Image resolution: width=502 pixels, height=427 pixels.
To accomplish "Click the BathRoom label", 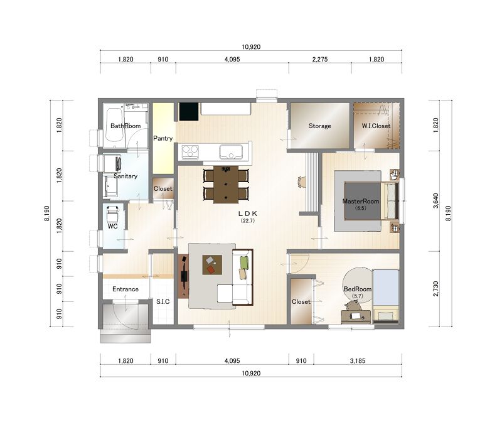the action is coord(125,126).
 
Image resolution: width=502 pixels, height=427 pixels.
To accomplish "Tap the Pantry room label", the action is coord(163,138).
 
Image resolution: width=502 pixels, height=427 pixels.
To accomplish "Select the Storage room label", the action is coord(319,126).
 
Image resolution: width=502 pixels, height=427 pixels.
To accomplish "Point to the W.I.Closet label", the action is coord(376,126).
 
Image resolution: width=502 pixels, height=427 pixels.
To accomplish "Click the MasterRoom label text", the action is coord(360,201).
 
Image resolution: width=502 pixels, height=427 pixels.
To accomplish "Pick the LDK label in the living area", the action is coord(248,213).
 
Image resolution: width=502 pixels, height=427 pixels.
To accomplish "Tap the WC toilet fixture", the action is coord(112,214).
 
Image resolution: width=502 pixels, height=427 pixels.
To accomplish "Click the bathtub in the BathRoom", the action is coord(114,125).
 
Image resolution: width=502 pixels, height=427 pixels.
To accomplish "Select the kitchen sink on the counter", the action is coord(230,152).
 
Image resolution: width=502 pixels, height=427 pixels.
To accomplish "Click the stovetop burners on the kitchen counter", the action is coord(190,152).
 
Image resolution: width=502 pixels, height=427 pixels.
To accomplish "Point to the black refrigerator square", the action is coord(189,112).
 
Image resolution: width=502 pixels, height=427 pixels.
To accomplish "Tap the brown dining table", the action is coord(226,185).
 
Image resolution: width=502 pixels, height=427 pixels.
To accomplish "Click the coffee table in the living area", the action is coord(212,264).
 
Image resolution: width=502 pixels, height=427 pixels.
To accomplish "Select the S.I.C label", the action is coord(163,301).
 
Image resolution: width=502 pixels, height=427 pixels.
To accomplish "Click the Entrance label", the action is coord(125,289).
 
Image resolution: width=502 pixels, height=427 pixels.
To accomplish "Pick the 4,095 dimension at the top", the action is coord(232,59).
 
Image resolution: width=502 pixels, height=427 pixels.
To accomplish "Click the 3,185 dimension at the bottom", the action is coord(357,360).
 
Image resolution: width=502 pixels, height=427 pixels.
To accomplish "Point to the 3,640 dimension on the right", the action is coord(435,201).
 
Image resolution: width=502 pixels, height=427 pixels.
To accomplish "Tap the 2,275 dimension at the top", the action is coord(320,59).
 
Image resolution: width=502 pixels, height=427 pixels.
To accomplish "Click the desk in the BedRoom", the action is coord(356,316).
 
